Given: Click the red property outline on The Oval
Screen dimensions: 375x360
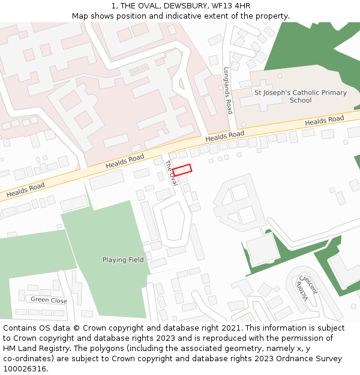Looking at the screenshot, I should (x=182, y=170).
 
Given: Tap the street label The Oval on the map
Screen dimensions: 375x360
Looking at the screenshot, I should (x=171, y=173).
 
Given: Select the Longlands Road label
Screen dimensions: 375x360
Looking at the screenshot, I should (x=228, y=90).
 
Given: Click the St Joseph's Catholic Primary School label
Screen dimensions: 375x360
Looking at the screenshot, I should (x=301, y=97).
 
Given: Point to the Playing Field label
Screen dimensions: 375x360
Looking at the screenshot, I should (x=123, y=260).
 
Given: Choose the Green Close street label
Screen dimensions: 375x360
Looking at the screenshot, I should (x=49, y=300).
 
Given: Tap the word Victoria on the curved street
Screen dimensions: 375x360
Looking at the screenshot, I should (x=301, y=290).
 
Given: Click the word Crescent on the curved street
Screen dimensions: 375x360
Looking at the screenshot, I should (x=310, y=285).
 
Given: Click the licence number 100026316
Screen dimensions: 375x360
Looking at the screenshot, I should (x=23, y=369).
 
